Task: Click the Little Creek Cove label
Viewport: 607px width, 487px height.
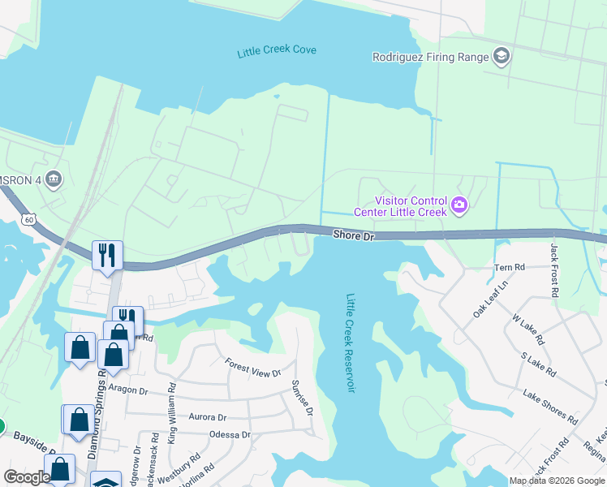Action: tap(277, 50)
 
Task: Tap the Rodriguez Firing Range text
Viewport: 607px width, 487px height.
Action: tap(430, 57)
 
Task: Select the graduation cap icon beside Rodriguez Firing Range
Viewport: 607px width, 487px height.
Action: tap(502, 56)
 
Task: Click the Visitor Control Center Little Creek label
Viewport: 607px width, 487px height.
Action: tap(400, 206)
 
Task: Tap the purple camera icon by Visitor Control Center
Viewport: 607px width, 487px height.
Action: tap(460, 205)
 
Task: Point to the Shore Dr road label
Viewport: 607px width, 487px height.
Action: tap(351, 234)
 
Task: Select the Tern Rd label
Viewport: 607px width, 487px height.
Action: tap(510, 267)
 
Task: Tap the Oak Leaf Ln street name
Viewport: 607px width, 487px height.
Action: tap(489, 300)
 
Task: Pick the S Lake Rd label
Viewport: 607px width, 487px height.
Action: tap(538, 364)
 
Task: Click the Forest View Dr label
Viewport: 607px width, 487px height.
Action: tap(252, 368)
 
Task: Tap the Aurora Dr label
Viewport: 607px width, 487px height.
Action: tap(207, 417)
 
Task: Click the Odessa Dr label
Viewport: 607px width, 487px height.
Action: tap(230, 434)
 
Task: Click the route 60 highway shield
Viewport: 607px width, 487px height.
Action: tap(29, 219)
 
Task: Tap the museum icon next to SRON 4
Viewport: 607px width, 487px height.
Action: tap(54, 179)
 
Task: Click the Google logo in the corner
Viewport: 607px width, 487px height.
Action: tap(27, 477)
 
